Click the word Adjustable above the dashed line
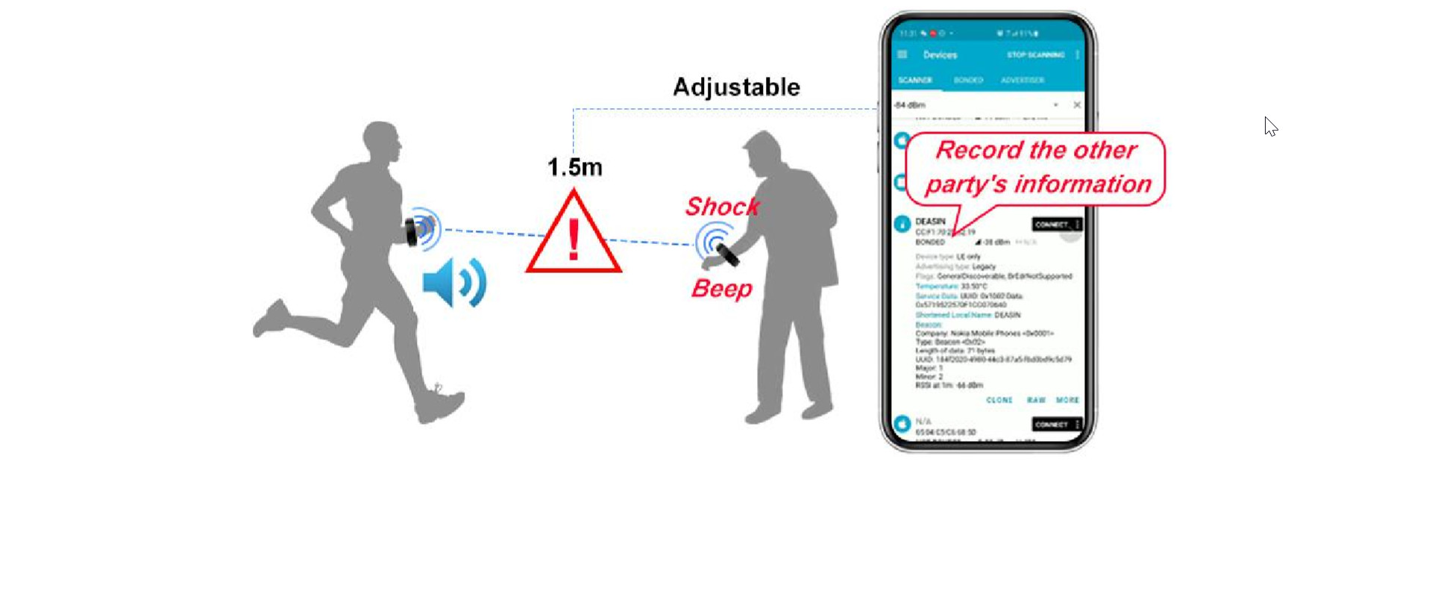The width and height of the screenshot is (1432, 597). [736, 87]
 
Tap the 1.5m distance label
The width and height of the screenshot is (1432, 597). [574, 167]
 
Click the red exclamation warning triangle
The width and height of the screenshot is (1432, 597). [574, 235]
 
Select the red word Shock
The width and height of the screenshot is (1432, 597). [722, 207]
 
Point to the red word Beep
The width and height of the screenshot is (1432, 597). [721, 288]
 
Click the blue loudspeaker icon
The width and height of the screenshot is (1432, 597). [453, 283]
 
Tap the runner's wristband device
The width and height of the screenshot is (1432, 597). [411, 231]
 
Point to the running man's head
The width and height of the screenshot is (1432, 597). [381, 141]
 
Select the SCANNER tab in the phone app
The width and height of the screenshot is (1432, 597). [915, 80]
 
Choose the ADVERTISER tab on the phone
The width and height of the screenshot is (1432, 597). [1023, 80]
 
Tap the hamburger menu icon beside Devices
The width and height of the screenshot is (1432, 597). [902, 54]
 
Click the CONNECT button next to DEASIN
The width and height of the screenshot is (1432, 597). [1052, 225]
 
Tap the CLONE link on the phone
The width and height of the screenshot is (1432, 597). [999, 401]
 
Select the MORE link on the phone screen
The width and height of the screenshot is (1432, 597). [1067, 401]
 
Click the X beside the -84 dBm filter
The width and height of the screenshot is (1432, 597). [1077, 105]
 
